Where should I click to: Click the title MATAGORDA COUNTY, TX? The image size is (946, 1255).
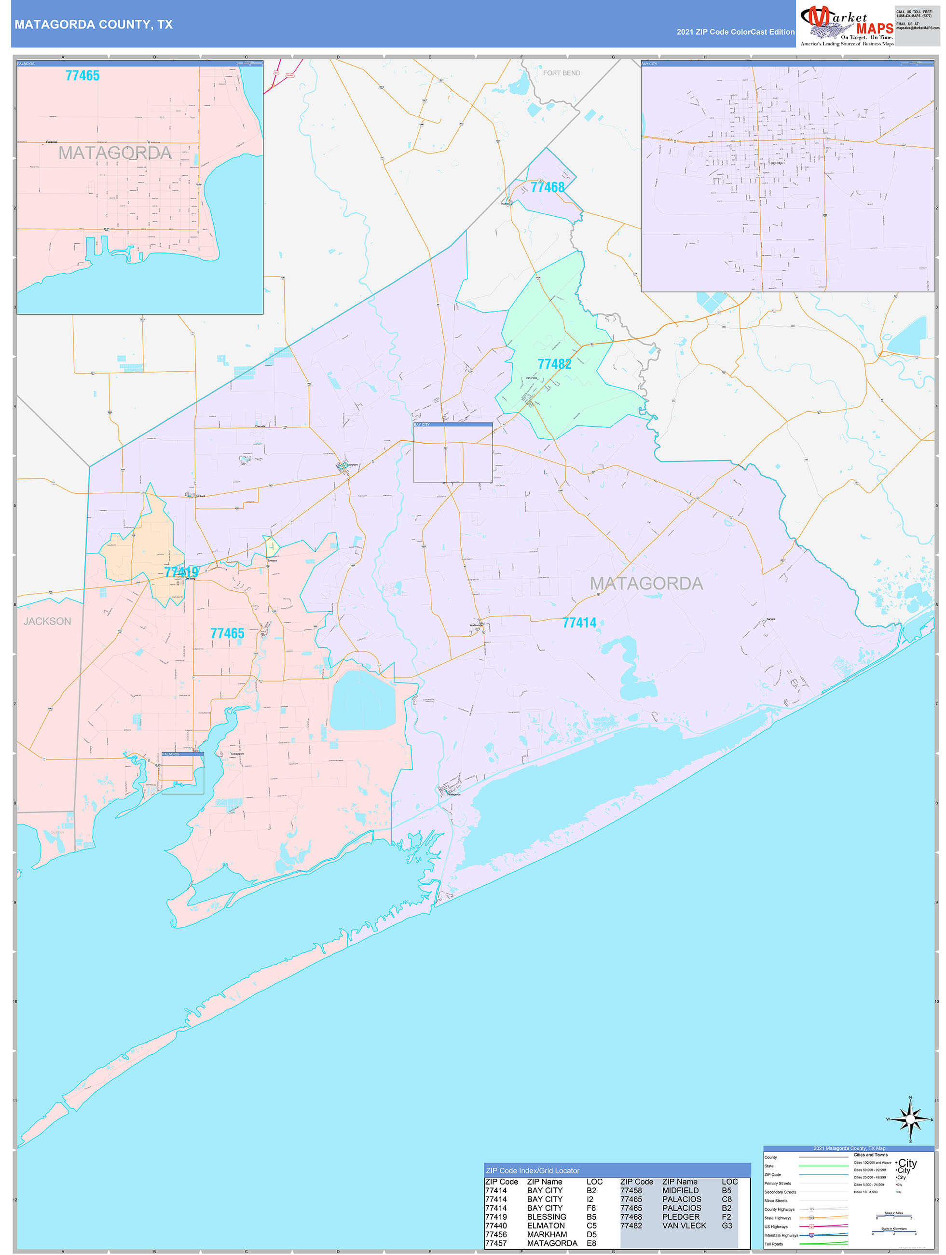pyautogui.click(x=94, y=25)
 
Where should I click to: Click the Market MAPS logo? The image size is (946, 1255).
pyautogui.click(x=847, y=26)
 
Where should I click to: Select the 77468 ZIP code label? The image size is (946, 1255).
pyautogui.click(x=548, y=187)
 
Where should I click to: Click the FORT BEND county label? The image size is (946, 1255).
pyautogui.click(x=562, y=73)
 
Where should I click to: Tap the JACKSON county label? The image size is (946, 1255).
pyautogui.click(x=47, y=621)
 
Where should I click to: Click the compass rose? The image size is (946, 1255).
pyautogui.click(x=910, y=1119)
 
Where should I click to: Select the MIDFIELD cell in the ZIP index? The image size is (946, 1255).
pyautogui.click(x=681, y=1190)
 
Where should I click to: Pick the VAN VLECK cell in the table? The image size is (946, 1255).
pyautogui.click(x=684, y=1226)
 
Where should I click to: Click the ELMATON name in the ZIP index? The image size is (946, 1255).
pyautogui.click(x=546, y=1226)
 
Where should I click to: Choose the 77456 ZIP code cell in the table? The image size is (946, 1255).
pyautogui.click(x=496, y=1234)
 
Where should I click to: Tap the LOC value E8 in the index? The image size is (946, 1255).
pyautogui.click(x=591, y=1243)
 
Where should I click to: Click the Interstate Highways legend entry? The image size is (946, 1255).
pyautogui.click(x=781, y=1235)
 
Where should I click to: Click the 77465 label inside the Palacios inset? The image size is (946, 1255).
pyautogui.click(x=82, y=75)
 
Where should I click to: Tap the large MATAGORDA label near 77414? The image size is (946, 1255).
pyautogui.click(x=646, y=583)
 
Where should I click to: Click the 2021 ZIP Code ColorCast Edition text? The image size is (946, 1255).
pyautogui.click(x=735, y=32)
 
